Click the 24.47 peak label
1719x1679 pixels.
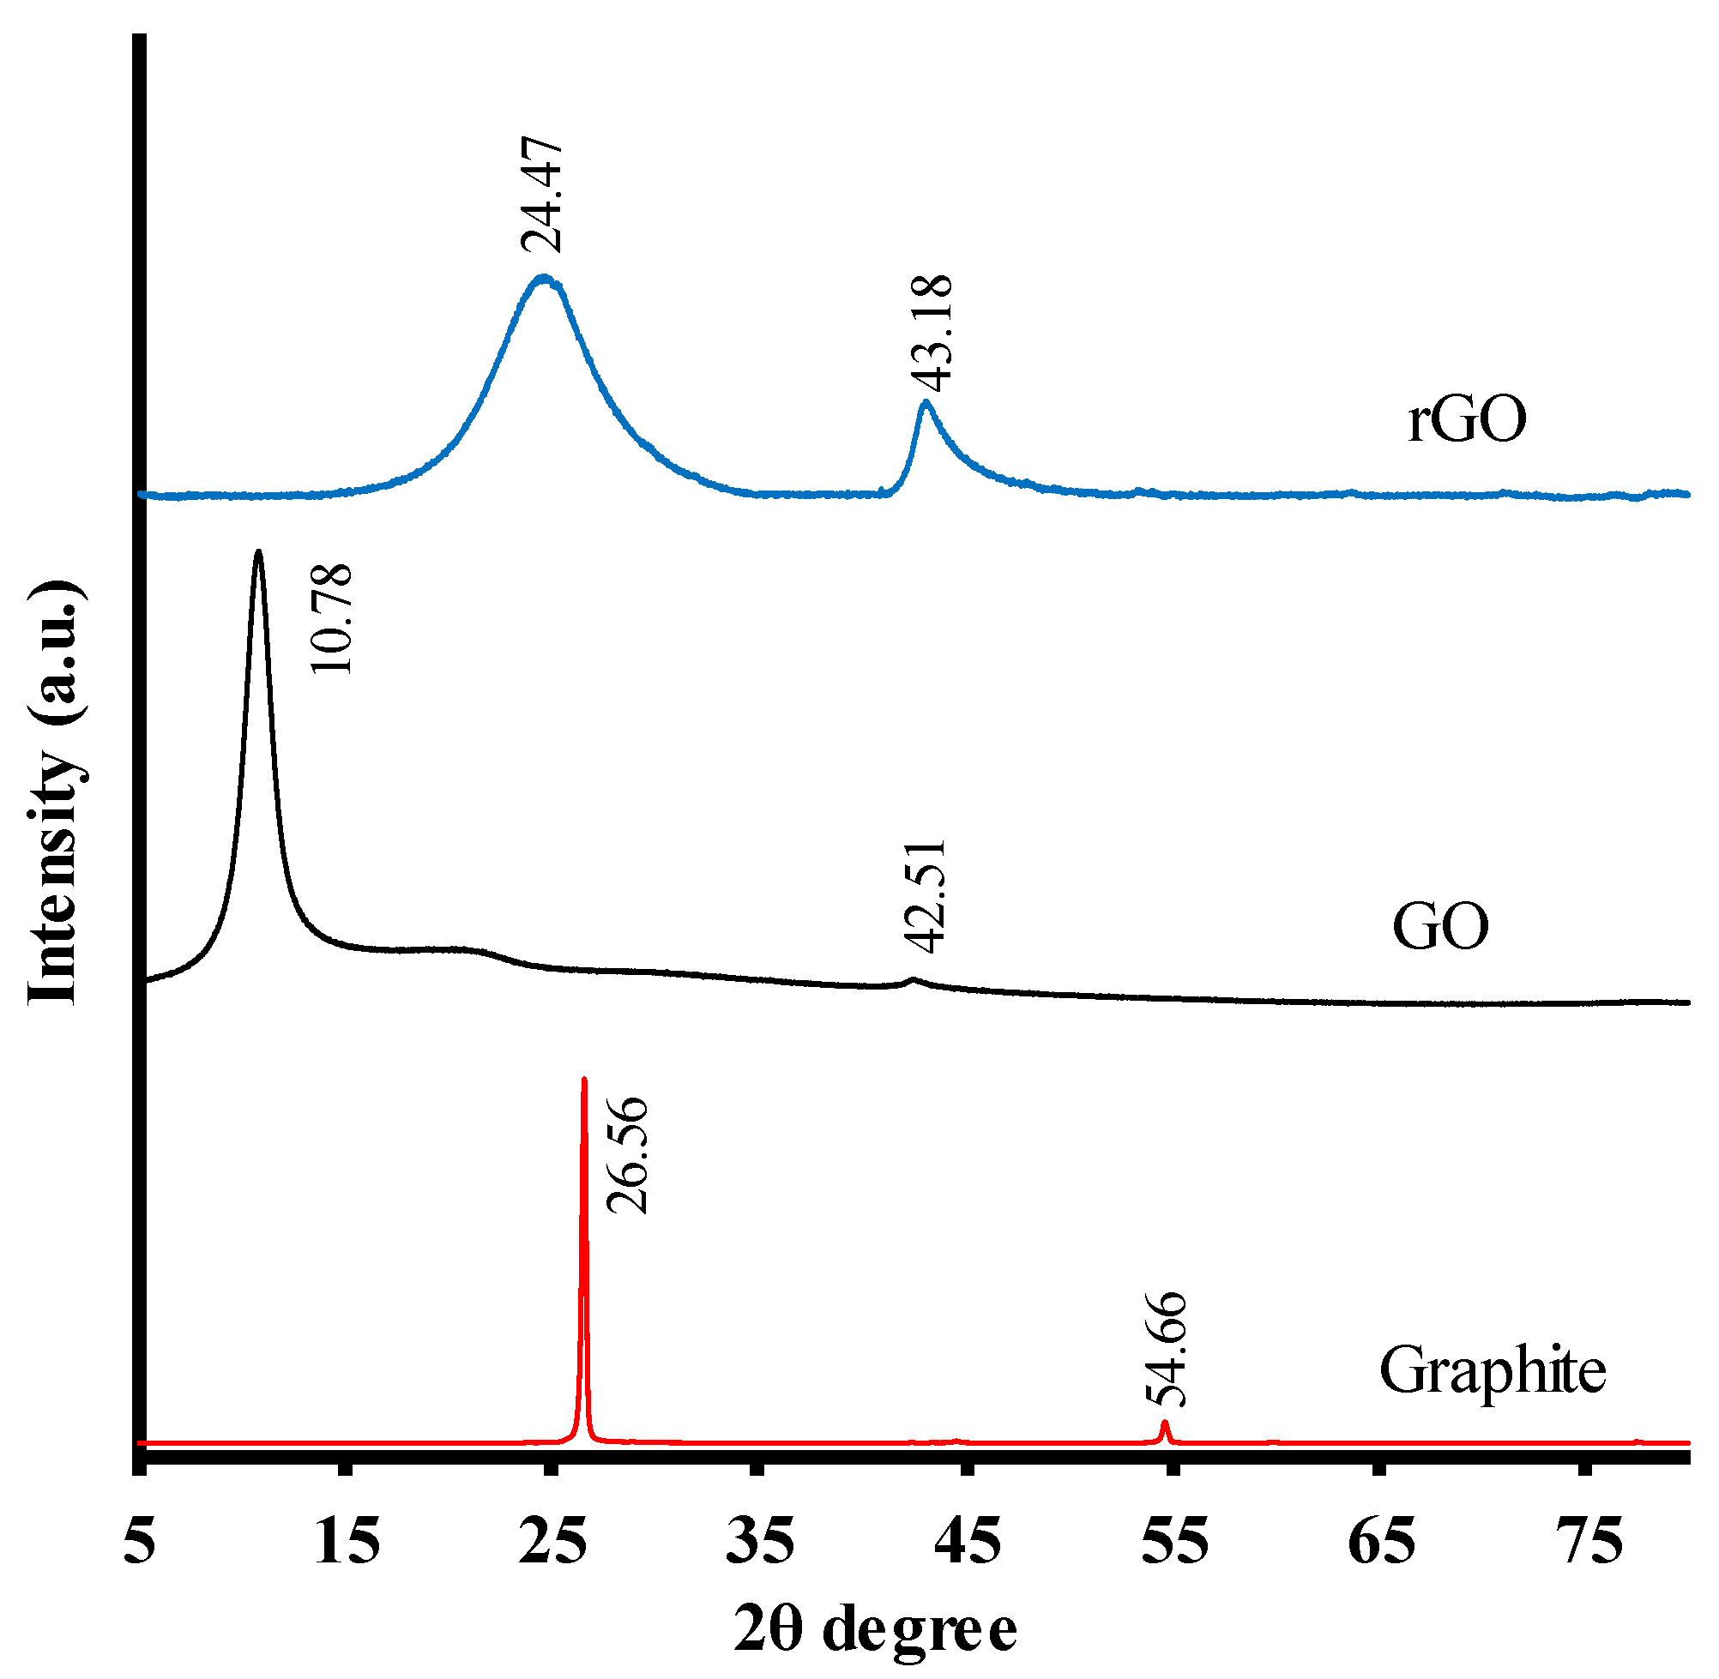pos(540,195)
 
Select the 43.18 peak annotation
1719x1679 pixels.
pos(932,333)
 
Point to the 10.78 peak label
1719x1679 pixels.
pos(333,619)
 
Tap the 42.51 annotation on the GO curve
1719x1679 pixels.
pos(926,897)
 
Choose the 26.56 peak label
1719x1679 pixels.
pos(628,1155)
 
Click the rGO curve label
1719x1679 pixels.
pos(1467,420)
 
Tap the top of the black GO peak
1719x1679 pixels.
pos(258,554)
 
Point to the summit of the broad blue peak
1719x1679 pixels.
pos(543,279)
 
